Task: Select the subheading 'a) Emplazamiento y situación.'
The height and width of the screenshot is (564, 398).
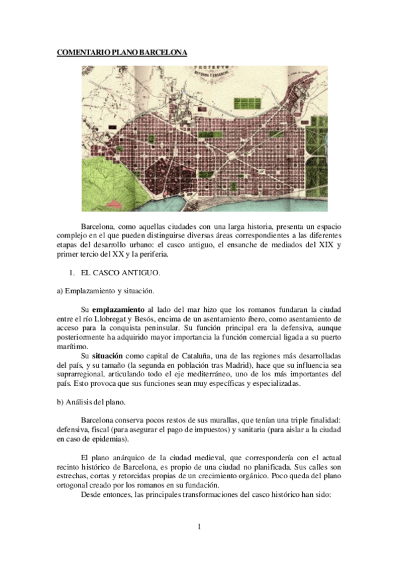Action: point(104,291)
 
